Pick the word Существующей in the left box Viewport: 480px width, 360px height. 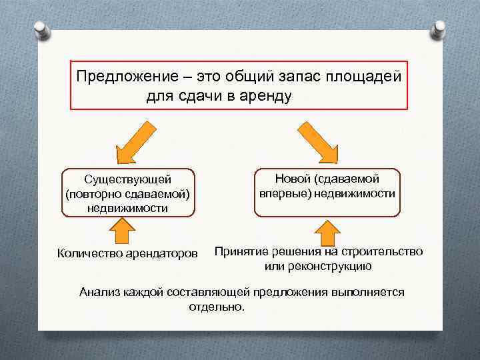pos(128,179)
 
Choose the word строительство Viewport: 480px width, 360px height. pos(381,251)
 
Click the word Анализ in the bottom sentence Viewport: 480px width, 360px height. pos(99,292)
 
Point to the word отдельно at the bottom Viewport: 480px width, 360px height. pos(216,307)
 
